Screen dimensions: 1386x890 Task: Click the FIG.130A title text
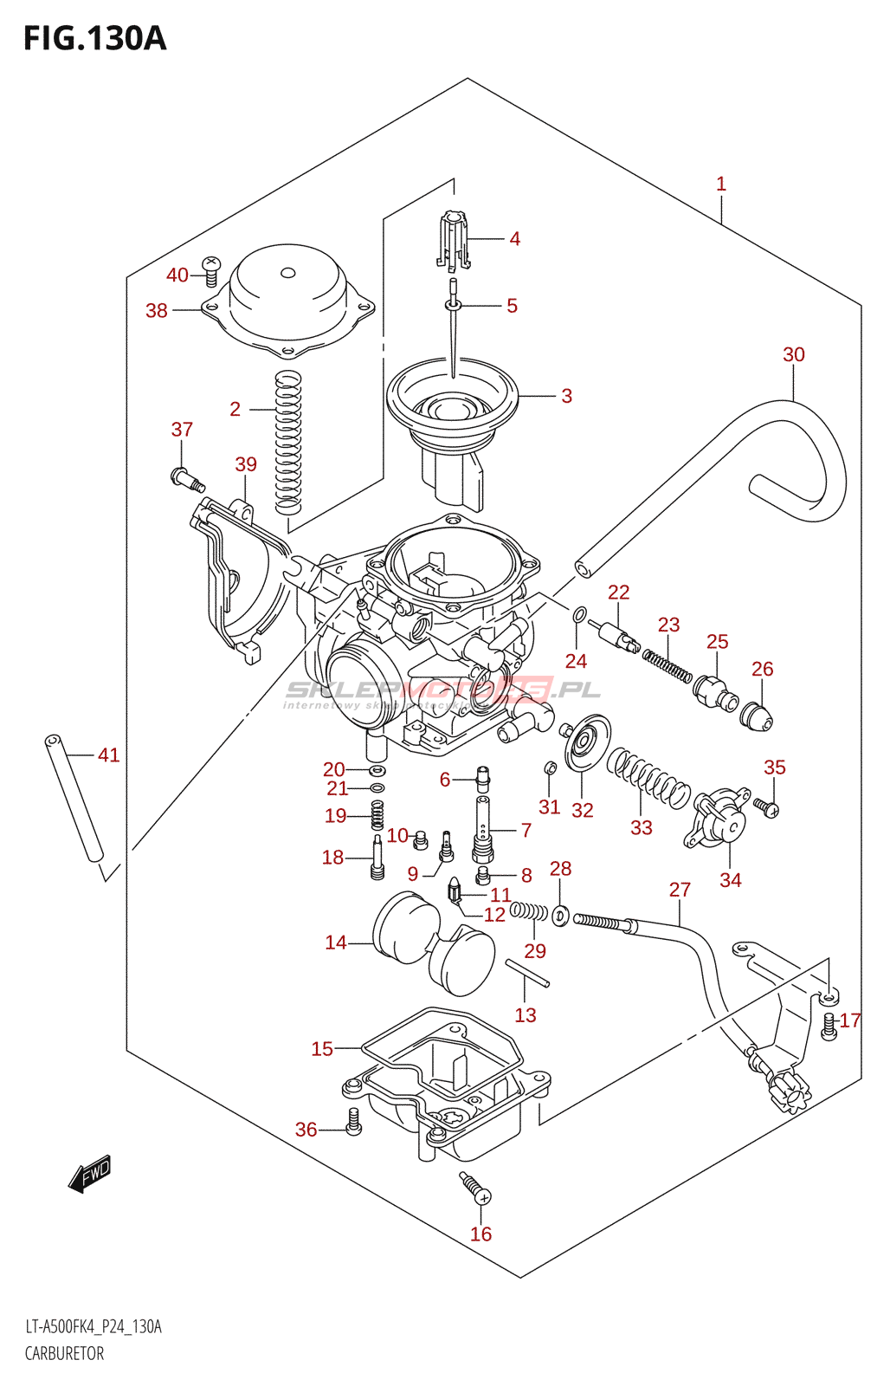94,39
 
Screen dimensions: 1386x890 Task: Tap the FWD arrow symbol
90,1174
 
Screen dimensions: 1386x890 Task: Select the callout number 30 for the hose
793,354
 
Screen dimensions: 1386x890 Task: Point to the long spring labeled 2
287,442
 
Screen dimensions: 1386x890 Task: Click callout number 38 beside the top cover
157,310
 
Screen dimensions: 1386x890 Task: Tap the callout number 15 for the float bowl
322,1049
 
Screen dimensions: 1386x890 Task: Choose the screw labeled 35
766,807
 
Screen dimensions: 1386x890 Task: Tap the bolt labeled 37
186,478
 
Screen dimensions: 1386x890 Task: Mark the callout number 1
721,184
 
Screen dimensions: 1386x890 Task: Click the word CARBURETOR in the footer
64,1353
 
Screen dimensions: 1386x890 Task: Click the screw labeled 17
829,1027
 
